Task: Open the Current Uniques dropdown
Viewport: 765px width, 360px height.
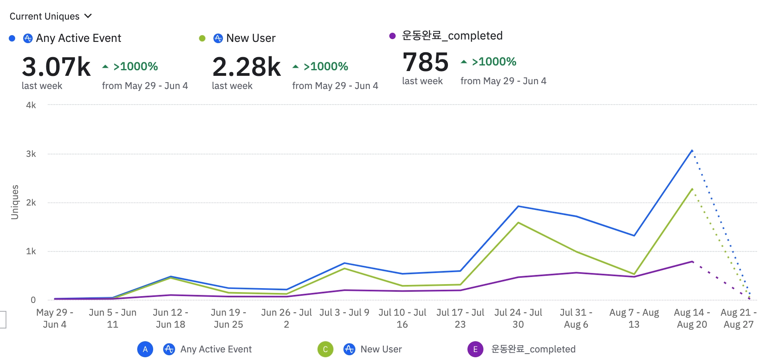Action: point(50,16)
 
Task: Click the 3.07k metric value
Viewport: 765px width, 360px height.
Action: point(56,67)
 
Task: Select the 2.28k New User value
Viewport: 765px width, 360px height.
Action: point(246,67)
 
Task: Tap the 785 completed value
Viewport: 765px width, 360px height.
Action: point(426,62)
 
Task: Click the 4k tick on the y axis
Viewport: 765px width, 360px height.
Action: point(31,105)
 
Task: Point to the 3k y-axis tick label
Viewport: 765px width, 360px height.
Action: point(31,154)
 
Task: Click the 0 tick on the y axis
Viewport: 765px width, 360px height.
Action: point(33,300)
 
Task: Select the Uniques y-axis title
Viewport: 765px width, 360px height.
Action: point(15,202)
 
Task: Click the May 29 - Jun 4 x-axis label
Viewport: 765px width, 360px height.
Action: point(55,318)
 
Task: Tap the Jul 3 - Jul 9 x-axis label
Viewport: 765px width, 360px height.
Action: point(344,313)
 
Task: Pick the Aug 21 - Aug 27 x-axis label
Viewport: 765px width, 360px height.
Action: point(738,318)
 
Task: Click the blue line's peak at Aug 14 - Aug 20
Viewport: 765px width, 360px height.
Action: point(692,150)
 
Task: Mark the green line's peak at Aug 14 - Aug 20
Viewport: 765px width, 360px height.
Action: point(692,189)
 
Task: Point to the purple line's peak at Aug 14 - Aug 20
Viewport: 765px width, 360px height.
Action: point(692,261)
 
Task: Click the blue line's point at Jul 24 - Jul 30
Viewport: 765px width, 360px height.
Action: point(518,206)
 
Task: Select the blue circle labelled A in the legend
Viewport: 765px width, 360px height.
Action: point(145,349)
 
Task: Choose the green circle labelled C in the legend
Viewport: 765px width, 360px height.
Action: point(325,349)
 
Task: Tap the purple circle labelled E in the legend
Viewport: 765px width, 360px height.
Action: point(475,349)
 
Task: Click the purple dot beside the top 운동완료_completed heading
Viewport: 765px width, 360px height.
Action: point(392,36)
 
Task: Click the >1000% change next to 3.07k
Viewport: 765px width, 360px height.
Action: point(135,66)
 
